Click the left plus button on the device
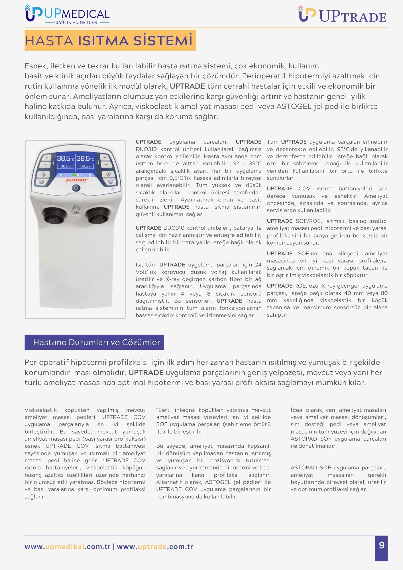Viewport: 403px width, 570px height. [x=46, y=158]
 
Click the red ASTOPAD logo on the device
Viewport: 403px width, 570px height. [x=76, y=180]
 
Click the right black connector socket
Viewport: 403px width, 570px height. [x=97, y=215]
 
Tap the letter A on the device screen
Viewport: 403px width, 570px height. [x=61, y=175]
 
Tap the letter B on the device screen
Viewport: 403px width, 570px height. [x=90, y=175]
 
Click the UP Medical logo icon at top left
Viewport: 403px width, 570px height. [x=34, y=13]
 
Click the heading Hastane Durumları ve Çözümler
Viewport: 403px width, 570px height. [x=97, y=342]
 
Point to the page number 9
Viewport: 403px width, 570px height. [x=382, y=545]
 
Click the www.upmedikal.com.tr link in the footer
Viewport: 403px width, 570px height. [x=68, y=547]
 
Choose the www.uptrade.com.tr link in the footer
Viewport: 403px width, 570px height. [x=155, y=547]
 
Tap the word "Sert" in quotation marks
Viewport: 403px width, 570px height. [x=164, y=410]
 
